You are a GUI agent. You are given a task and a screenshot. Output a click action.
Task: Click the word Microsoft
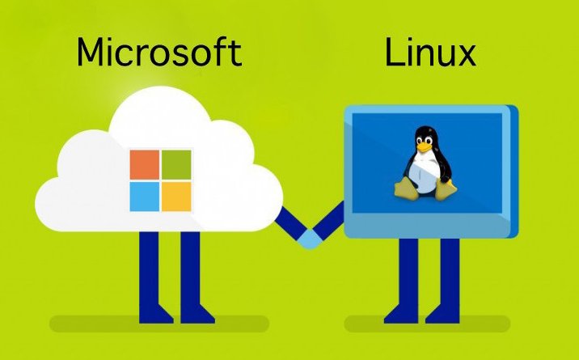tap(158, 53)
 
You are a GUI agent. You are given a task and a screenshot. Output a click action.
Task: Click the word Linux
tap(429, 53)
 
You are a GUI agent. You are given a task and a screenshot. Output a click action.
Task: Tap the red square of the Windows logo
tap(145, 163)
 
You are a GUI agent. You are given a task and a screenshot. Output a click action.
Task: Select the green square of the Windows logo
tap(176, 163)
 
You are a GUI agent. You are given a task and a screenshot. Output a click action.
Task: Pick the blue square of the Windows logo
tap(145, 195)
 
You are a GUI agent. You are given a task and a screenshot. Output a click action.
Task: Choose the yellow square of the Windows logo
tap(176, 195)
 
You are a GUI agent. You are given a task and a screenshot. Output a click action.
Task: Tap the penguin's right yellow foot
tap(442, 190)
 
